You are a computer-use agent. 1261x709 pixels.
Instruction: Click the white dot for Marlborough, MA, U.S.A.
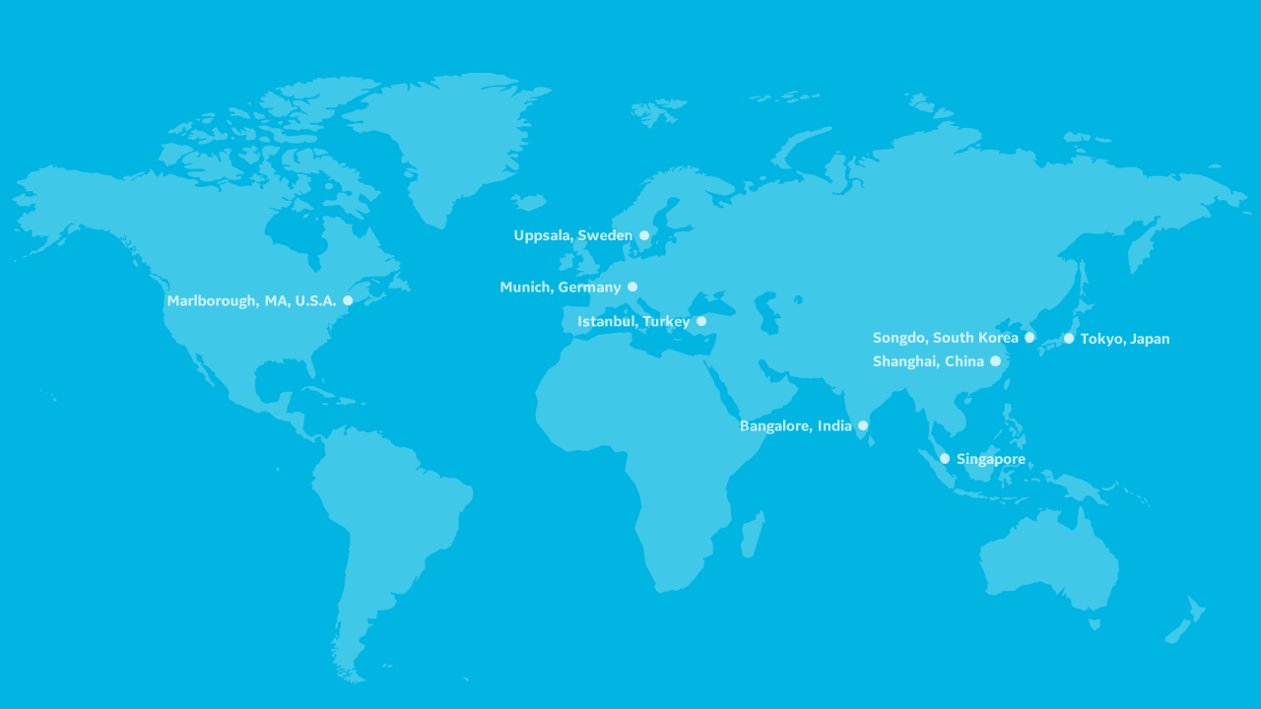click(x=348, y=300)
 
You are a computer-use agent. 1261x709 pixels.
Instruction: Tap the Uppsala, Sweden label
click(x=572, y=235)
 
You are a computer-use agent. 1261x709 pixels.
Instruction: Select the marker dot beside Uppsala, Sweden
click(x=644, y=235)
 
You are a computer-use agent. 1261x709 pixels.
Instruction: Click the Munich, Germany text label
click(x=560, y=288)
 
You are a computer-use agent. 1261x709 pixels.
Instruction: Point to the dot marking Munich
click(x=632, y=287)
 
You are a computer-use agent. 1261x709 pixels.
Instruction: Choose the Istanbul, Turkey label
click(x=633, y=322)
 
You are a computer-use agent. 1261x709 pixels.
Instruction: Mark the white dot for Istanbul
click(x=701, y=321)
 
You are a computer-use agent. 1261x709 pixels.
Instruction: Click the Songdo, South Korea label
click(x=945, y=338)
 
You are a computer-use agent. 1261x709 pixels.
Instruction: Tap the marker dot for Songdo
click(x=1029, y=337)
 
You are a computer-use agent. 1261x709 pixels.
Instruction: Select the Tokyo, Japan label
click(x=1125, y=339)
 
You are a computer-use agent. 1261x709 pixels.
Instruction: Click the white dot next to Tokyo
click(x=1069, y=339)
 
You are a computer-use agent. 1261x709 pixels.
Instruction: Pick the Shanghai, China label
click(x=928, y=361)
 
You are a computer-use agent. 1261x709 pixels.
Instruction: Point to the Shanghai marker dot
click(x=995, y=361)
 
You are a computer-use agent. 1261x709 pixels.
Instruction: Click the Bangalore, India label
click(x=795, y=426)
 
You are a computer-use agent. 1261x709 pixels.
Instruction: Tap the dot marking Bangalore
click(x=863, y=425)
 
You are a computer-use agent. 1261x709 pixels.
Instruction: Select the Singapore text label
click(x=990, y=459)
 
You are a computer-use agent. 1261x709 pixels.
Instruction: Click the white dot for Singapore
click(x=945, y=458)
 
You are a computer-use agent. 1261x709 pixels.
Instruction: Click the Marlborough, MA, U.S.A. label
click(x=251, y=301)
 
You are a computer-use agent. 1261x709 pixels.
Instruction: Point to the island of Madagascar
click(x=752, y=535)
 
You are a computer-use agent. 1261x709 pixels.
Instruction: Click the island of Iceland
click(x=528, y=202)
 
